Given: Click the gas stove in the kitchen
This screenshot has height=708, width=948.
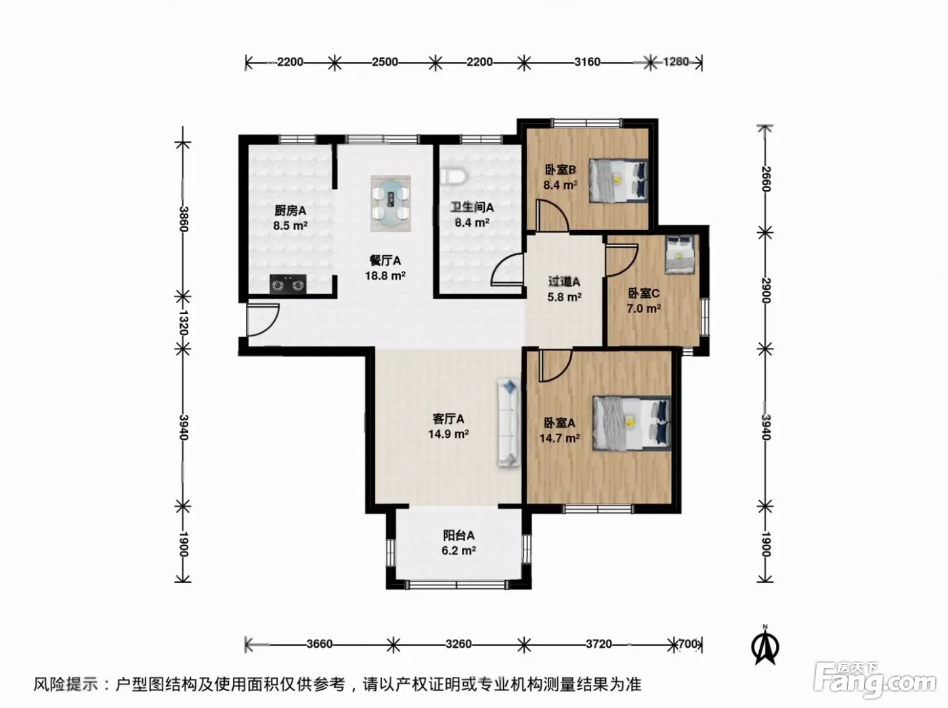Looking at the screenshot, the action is coord(288,284).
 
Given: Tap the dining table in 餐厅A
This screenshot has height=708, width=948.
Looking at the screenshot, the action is coord(391,203).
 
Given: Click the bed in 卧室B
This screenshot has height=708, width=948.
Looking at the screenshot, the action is coord(618,181).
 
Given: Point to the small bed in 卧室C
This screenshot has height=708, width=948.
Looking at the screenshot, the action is coord(680,255).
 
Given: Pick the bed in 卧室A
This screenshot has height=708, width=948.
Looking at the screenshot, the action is coord(631,424).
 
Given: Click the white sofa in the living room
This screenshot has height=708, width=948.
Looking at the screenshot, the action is coord(509,422).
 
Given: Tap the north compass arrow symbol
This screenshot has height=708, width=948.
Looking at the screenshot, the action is coord(765,648).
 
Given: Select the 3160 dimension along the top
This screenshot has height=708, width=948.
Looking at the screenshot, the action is coord(587,62).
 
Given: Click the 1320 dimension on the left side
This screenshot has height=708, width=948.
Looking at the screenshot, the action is coord(183,322).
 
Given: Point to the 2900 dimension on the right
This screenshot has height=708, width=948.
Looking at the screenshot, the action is coord(765,290).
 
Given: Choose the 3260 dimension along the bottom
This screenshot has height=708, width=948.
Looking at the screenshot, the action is coord(458,644).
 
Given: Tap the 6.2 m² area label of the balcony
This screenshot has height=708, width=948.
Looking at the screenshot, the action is coord(458,551).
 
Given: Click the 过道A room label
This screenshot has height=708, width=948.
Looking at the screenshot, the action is coord(564,282).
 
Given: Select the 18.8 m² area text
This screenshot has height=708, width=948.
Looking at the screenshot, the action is coord(385,275).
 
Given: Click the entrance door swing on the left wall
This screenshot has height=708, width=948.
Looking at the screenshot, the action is coord(263,320).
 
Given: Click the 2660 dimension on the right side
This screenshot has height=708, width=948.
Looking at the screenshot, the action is coord(765,179).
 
